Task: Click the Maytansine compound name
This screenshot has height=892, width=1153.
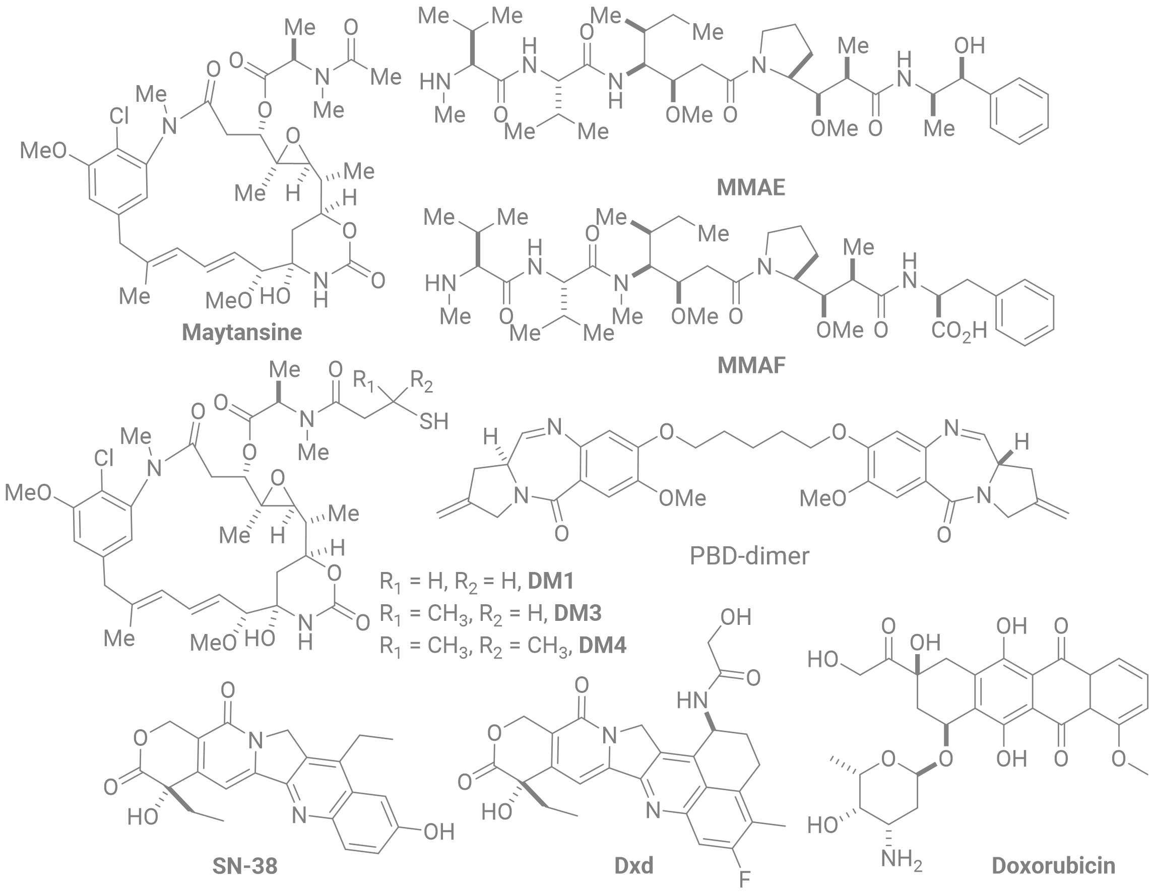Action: pos(242,333)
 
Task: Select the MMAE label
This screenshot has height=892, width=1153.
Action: pos(751,187)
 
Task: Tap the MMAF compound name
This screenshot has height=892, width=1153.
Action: pos(751,365)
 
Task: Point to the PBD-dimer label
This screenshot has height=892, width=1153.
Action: pos(749,556)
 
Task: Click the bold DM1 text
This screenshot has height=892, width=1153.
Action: pos(551,581)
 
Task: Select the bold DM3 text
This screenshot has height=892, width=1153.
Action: pos(578,613)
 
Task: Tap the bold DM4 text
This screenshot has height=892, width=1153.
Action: pos(603,646)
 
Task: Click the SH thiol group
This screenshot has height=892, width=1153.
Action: pos(434,421)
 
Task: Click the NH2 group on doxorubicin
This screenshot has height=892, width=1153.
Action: pos(902,861)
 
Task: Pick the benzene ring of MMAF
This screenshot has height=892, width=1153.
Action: pos(1024,312)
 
